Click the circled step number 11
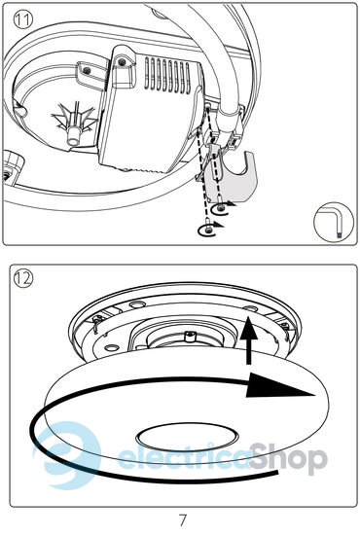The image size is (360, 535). [x=23, y=19]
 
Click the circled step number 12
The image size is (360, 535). [x=23, y=278]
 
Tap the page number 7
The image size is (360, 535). [x=183, y=520]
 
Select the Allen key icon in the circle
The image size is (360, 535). [x=333, y=223]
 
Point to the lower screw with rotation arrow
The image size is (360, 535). [x=209, y=231]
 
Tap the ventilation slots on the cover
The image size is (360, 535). [x=167, y=75]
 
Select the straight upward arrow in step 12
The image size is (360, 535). [x=249, y=339]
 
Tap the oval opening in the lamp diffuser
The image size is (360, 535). [x=188, y=438]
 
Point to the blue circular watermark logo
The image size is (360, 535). [x=67, y=455]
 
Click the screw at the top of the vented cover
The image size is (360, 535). [x=122, y=62]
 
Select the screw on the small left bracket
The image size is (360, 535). [x=87, y=70]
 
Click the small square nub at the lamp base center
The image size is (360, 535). [x=190, y=337]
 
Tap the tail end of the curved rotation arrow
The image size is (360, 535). [x=277, y=472]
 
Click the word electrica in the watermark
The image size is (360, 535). [x=184, y=456]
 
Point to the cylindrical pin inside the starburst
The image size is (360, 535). [x=73, y=135]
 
